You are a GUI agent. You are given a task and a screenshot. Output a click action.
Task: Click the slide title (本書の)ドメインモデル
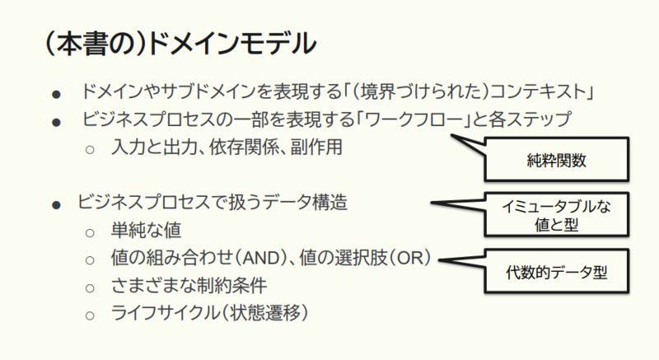pyautogui.click(x=180, y=44)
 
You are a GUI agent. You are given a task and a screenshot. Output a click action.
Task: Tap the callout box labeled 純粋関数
pyautogui.click(x=557, y=159)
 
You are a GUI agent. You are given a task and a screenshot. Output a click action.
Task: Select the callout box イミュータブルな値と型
pyautogui.click(x=557, y=215)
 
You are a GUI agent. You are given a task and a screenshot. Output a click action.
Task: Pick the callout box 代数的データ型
pyautogui.click(x=557, y=271)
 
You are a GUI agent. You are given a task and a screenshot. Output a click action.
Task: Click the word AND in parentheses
pyautogui.click(x=261, y=258)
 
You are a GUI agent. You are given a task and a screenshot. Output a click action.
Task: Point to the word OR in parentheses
pyautogui.click(x=409, y=258)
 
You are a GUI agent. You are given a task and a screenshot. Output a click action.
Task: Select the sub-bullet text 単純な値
pyautogui.click(x=146, y=230)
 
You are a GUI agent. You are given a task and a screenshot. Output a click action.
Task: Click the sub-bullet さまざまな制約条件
pyautogui.click(x=189, y=286)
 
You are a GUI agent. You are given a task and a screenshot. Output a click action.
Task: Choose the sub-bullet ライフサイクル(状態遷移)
pyautogui.click(x=209, y=313)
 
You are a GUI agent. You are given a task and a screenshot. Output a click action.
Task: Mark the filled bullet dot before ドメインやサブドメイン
pyautogui.click(x=56, y=94)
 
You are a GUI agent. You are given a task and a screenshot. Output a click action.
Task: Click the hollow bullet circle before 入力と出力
pyautogui.click(x=90, y=150)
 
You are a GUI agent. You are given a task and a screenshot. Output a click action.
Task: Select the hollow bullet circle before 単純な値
pyautogui.click(x=90, y=232)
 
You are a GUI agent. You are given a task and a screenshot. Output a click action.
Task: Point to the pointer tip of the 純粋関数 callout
pyautogui.click(x=451, y=135)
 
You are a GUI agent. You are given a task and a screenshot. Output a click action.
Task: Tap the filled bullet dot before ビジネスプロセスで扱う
pyautogui.click(x=56, y=205)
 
